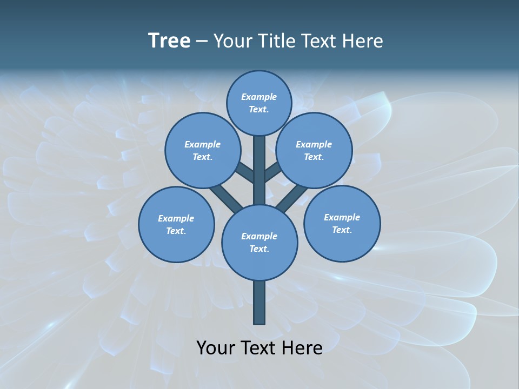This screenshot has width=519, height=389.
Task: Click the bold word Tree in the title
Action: (x=169, y=41)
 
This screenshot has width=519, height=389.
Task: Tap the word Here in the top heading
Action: (x=362, y=41)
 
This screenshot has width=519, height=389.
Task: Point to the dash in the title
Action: (x=202, y=42)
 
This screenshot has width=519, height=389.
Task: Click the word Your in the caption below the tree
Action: (x=216, y=347)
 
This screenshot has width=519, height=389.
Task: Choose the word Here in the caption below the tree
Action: (x=302, y=347)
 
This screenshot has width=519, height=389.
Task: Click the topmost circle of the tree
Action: (x=259, y=103)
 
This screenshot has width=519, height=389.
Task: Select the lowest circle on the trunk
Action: (x=259, y=243)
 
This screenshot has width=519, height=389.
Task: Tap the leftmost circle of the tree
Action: (x=176, y=224)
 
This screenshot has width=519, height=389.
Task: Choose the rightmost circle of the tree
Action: (x=342, y=223)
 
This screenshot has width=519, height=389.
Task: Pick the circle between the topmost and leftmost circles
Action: (x=203, y=150)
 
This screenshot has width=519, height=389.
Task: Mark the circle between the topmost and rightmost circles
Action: (x=314, y=150)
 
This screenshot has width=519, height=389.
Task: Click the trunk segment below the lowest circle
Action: (x=259, y=303)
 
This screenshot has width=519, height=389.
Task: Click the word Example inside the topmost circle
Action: (x=259, y=97)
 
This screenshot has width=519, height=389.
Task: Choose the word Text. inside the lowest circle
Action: (x=259, y=249)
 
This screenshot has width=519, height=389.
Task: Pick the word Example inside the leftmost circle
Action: (x=176, y=218)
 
